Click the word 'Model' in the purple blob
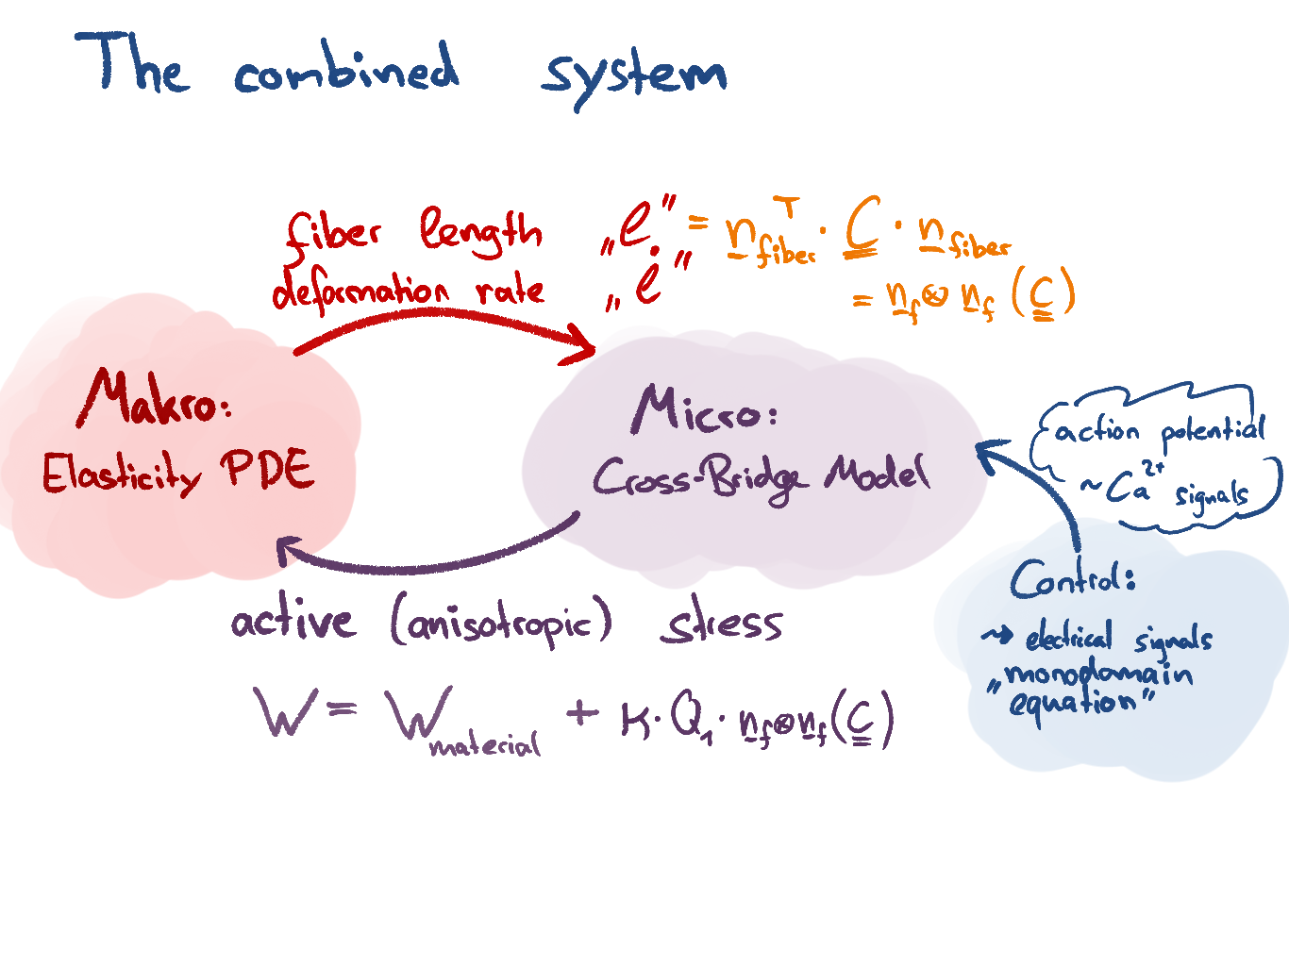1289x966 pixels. coord(878,473)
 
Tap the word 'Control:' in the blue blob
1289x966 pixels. coord(1072,576)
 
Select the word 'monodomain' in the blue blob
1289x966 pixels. coord(1097,675)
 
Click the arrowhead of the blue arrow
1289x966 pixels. coord(986,453)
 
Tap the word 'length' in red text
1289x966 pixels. coord(481,231)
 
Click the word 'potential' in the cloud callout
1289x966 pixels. coord(1213,431)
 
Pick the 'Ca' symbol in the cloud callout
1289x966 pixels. coord(1126,488)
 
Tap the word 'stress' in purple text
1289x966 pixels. coord(722,625)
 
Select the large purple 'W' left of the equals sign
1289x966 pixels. coord(285,712)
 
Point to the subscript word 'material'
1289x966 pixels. coord(485,746)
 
